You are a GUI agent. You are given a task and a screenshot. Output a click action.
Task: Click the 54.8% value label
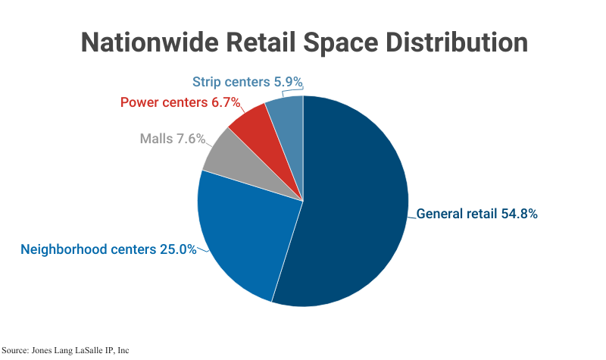tap(520, 214)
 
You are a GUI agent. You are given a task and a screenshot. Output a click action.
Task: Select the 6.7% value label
tap(223, 102)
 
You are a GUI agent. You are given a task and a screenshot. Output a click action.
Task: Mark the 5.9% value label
tap(293, 82)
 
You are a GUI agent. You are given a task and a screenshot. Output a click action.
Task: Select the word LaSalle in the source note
tap(83, 351)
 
